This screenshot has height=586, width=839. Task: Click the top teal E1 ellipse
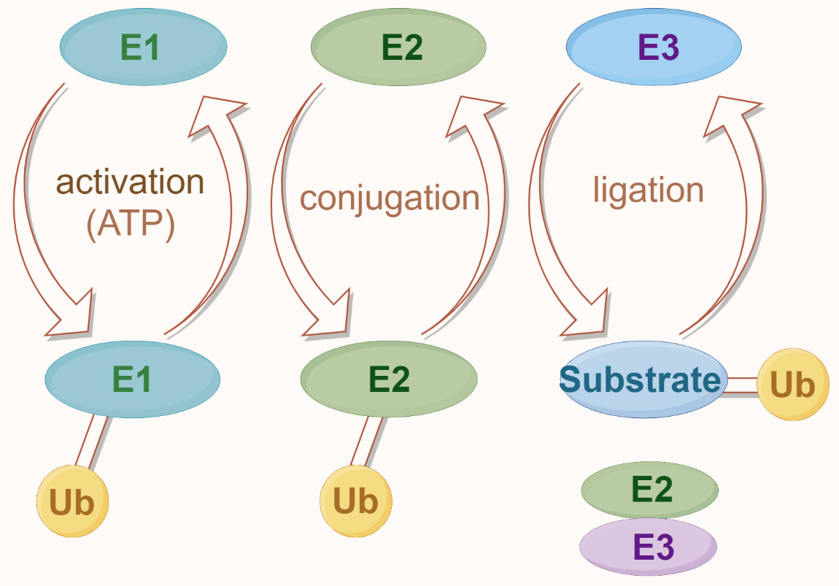[x=143, y=48]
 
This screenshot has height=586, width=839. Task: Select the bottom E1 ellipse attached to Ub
[x=132, y=379]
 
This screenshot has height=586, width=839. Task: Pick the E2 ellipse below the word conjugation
[x=389, y=379]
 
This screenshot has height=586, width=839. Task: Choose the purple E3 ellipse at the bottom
[x=648, y=547]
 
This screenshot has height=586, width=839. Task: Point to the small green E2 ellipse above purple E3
[x=649, y=490]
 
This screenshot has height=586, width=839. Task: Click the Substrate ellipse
[x=641, y=380]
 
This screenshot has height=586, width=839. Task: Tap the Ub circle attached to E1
[x=72, y=502]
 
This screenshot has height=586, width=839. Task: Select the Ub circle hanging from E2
[x=356, y=501]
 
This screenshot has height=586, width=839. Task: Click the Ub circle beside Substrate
[x=793, y=385]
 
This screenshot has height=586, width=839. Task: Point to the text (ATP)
[x=131, y=225]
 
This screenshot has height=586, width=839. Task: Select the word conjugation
[x=390, y=198]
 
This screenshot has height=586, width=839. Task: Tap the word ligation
[x=648, y=190]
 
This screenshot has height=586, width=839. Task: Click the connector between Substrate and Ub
[x=742, y=385]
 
